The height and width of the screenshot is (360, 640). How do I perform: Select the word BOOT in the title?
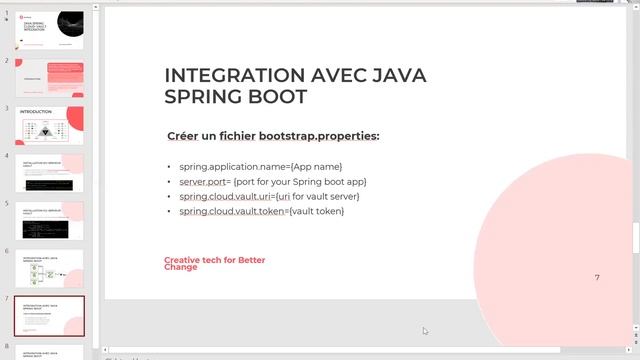point(272,96)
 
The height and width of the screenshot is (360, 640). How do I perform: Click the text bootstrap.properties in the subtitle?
point(319,135)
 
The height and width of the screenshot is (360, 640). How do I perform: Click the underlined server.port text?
point(205,181)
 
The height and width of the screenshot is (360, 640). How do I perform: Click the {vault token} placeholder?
point(316,211)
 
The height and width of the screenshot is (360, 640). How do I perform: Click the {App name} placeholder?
point(315,166)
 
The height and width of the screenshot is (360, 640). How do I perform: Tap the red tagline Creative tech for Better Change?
point(214,263)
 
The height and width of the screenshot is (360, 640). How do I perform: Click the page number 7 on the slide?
point(597,277)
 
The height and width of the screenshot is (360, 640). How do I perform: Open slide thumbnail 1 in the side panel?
point(49,30)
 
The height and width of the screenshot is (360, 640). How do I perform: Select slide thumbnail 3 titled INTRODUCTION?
point(49,126)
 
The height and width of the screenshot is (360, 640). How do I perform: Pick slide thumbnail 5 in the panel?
point(49,221)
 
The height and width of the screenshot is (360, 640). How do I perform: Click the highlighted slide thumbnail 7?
point(49,316)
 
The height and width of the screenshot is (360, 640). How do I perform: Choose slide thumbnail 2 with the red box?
point(49,78)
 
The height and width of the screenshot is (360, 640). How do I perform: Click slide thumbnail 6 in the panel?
point(49,268)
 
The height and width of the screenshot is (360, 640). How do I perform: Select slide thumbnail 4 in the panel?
point(49,173)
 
